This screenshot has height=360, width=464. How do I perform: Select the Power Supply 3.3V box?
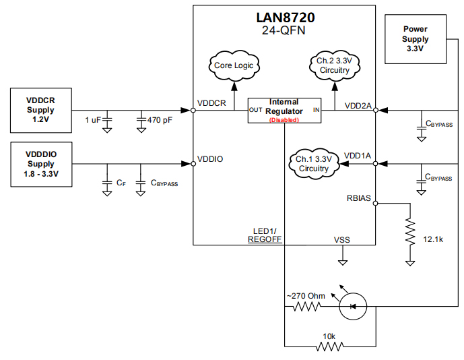click(x=415, y=39)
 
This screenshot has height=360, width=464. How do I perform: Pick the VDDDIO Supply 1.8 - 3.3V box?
click(x=41, y=164)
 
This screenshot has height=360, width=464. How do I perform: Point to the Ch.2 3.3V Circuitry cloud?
click(x=335, y=65)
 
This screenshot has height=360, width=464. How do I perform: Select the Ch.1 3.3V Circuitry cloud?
click(x=313, y=163)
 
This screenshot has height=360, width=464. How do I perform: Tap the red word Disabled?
click(x=284, y=120)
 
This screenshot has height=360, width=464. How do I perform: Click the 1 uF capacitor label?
click(x=93, y=119)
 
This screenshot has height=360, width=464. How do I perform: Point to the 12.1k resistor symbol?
click(x=409, y=233)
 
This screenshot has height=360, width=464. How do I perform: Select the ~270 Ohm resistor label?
click(x=307, y=295)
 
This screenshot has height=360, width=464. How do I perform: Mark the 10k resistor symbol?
click(x=330, y=347)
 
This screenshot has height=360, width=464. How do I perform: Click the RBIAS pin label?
click(x=358, y=198)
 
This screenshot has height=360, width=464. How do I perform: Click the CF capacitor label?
click(x=121, y=183)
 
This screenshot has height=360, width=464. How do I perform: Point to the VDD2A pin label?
click(x=358, y=105)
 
